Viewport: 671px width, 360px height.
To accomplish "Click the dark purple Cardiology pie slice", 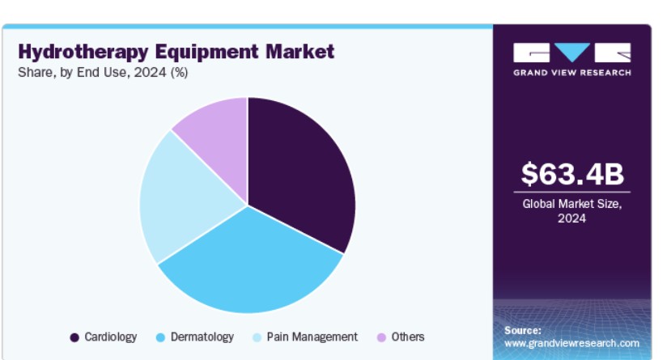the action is [299, 171].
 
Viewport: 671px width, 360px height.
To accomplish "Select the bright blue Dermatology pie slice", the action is [250, 265].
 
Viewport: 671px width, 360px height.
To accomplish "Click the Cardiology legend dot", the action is [74, 338].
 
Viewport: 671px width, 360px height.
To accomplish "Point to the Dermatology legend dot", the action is [160, 338].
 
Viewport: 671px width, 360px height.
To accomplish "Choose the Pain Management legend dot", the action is [257, 338].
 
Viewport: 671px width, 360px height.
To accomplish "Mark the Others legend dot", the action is [381, 338].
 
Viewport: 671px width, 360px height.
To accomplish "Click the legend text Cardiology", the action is [110, 337].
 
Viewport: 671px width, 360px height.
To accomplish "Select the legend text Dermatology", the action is [202, 337].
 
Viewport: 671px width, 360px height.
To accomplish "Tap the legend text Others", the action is [408, 337].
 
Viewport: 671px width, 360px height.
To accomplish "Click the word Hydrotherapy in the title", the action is [83, 52].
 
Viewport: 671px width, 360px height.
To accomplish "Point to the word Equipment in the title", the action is [206, 52].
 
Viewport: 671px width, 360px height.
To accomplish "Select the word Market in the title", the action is [300, 51].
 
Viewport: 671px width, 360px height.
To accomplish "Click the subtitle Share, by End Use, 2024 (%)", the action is [103, 72].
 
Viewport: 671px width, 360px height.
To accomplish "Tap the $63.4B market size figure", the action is [572, 174].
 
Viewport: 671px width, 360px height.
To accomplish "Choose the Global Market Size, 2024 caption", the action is [572, 211].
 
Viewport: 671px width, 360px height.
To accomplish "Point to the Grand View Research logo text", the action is [572, 73].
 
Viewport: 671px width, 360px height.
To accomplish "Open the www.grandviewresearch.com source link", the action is [571, 343].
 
